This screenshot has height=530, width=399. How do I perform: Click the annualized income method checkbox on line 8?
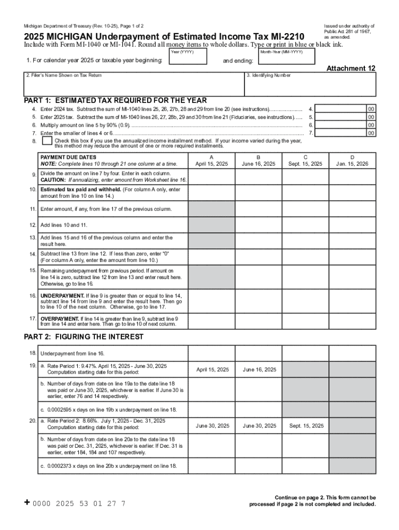[x=47, y=141]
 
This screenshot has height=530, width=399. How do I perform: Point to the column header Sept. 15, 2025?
[x=306, y=164]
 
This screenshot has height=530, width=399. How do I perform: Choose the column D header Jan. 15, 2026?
[x=352, y=164]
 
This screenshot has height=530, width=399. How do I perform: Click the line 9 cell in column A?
[x=211, y=177]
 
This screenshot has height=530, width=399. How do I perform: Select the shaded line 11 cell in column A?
[x=211, y=209]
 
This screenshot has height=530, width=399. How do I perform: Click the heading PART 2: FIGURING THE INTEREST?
[x=84, y=337]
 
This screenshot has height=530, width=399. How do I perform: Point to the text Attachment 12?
[x=351, y=68]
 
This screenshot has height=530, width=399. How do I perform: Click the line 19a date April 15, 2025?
[x=212, y=370]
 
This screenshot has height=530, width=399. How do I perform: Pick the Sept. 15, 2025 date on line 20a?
[x=306, y=425]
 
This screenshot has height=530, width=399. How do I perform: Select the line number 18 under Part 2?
[x=33, y=352]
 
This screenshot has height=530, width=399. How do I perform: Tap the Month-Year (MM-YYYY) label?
[x=282, y=52]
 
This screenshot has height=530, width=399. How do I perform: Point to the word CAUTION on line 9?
[x=53, y=180]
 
